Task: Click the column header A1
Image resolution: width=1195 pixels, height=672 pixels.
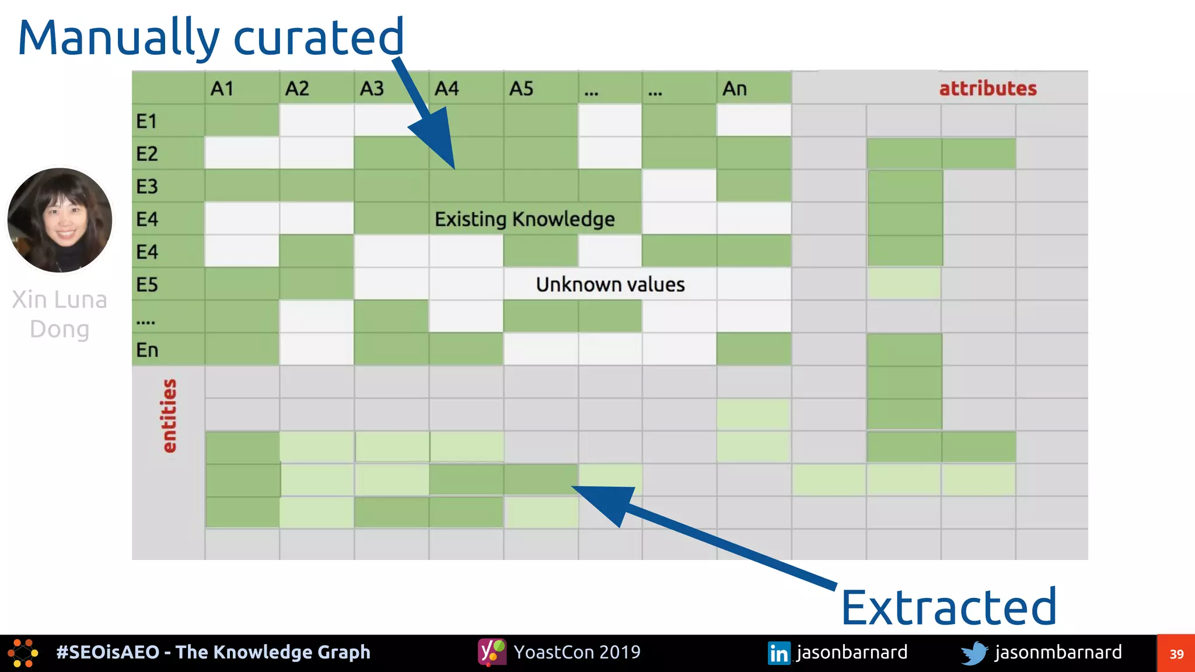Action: [222, 89]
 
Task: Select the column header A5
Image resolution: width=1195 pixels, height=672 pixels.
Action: [521, 89]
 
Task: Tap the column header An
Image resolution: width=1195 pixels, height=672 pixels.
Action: [734, 89]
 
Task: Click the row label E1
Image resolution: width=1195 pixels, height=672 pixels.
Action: [146, 121]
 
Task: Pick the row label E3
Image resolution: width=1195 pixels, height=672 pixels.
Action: [146, 187]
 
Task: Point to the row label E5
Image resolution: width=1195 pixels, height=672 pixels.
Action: [146, 285]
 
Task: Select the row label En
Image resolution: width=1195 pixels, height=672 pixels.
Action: [146, 350]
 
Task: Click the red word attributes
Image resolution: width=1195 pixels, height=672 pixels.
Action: [987, 89]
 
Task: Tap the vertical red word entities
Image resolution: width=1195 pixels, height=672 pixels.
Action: [169, 415]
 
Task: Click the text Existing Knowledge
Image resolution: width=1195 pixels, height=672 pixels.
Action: [524, 219]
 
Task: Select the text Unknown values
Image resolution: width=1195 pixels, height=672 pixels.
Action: [610, 285]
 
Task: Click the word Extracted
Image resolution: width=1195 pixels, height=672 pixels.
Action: [948, 607]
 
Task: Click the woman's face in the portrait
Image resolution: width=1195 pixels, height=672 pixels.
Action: [63, 220]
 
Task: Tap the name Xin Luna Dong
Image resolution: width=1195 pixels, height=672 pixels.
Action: [60, 314]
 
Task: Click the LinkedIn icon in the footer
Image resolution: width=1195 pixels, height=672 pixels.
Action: [778, 653]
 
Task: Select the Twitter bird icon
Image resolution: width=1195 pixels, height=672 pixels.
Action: [974, 653]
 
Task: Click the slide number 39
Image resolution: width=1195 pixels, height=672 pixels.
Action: [1176, 654]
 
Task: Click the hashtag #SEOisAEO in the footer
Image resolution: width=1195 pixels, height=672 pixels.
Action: [107, 652]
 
